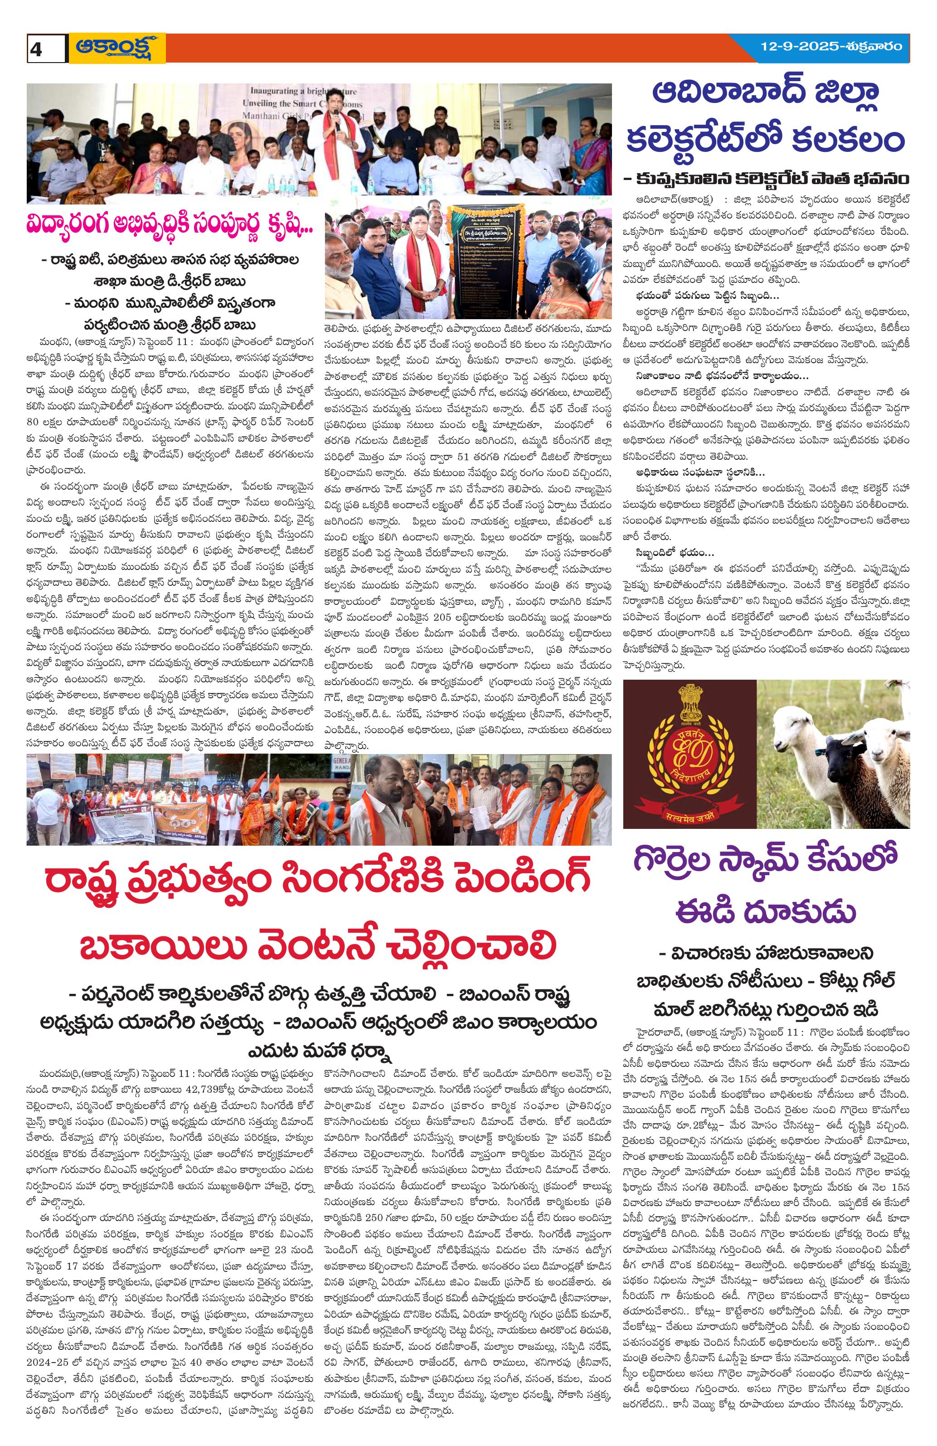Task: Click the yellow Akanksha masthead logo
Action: [117, 48]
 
